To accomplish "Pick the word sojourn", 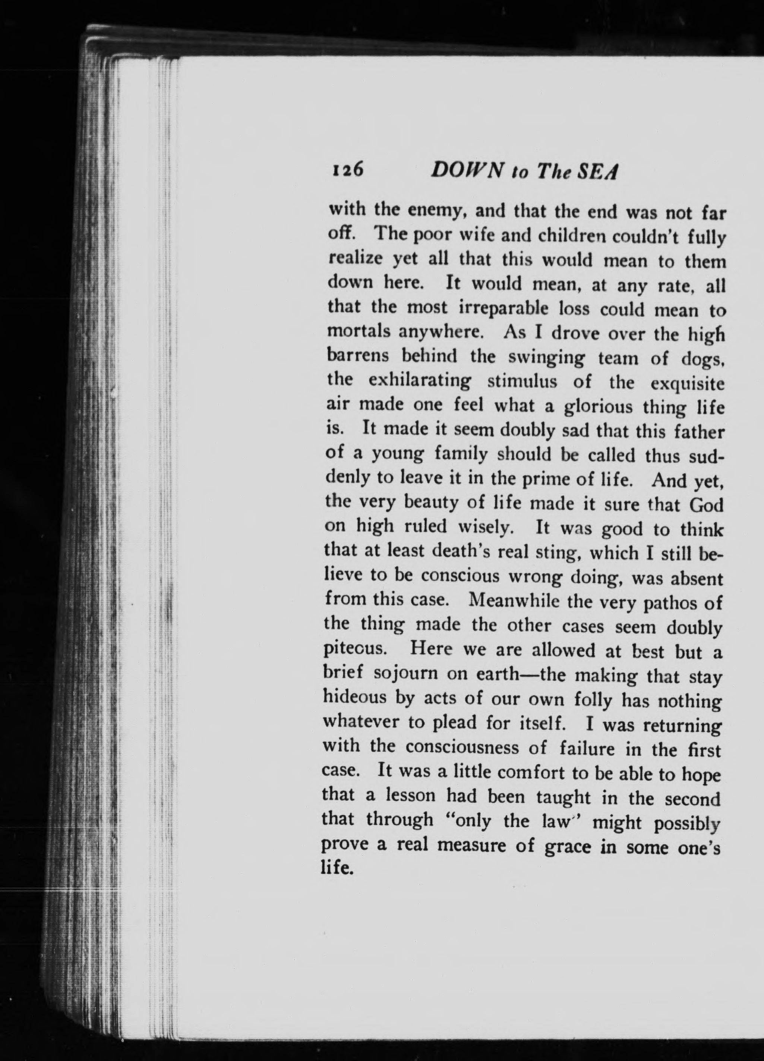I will [406, 674].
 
